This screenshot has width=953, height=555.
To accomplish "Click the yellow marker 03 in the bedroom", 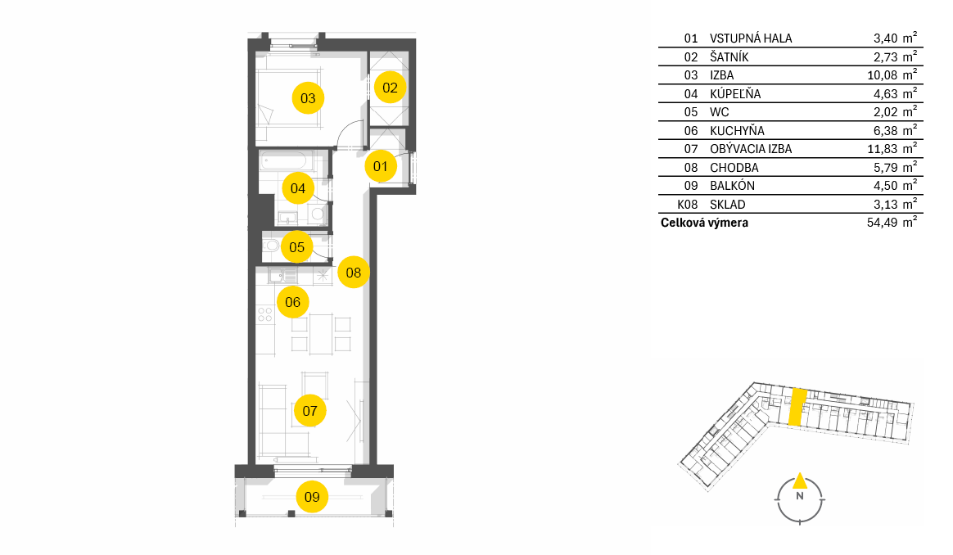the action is click(308, 98).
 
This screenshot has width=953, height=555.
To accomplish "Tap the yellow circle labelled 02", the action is click(391, 88).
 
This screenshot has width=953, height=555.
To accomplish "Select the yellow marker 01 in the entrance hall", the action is click(381, 166).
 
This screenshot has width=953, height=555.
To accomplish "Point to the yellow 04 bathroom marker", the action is click(298, 187).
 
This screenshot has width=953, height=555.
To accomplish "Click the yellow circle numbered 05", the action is click(296, 246).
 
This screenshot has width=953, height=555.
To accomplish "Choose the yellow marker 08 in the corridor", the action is click(354, 273).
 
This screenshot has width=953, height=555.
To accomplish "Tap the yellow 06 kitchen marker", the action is click(293, 302).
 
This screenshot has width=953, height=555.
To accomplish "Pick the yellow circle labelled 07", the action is click(310, 411).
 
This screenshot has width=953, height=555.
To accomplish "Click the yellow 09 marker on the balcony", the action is click(312, 497).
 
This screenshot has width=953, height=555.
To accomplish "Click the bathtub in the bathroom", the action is click(284, 161).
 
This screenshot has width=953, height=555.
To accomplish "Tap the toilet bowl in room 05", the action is click(271, 246).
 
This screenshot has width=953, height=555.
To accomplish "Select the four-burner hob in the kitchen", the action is click(265, 314).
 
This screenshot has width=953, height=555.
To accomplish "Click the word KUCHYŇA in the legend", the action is click(737, 131).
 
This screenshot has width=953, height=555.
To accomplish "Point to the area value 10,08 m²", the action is click(892, 74).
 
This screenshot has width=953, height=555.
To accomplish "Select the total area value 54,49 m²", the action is click(892, 222).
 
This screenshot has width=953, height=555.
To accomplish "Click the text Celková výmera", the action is click(704, 223).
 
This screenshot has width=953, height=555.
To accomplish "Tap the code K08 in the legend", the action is click(688, 205).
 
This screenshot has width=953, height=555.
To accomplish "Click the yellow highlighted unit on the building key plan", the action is click(797, 407).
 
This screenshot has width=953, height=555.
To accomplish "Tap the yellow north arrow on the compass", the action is click(800, 481).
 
